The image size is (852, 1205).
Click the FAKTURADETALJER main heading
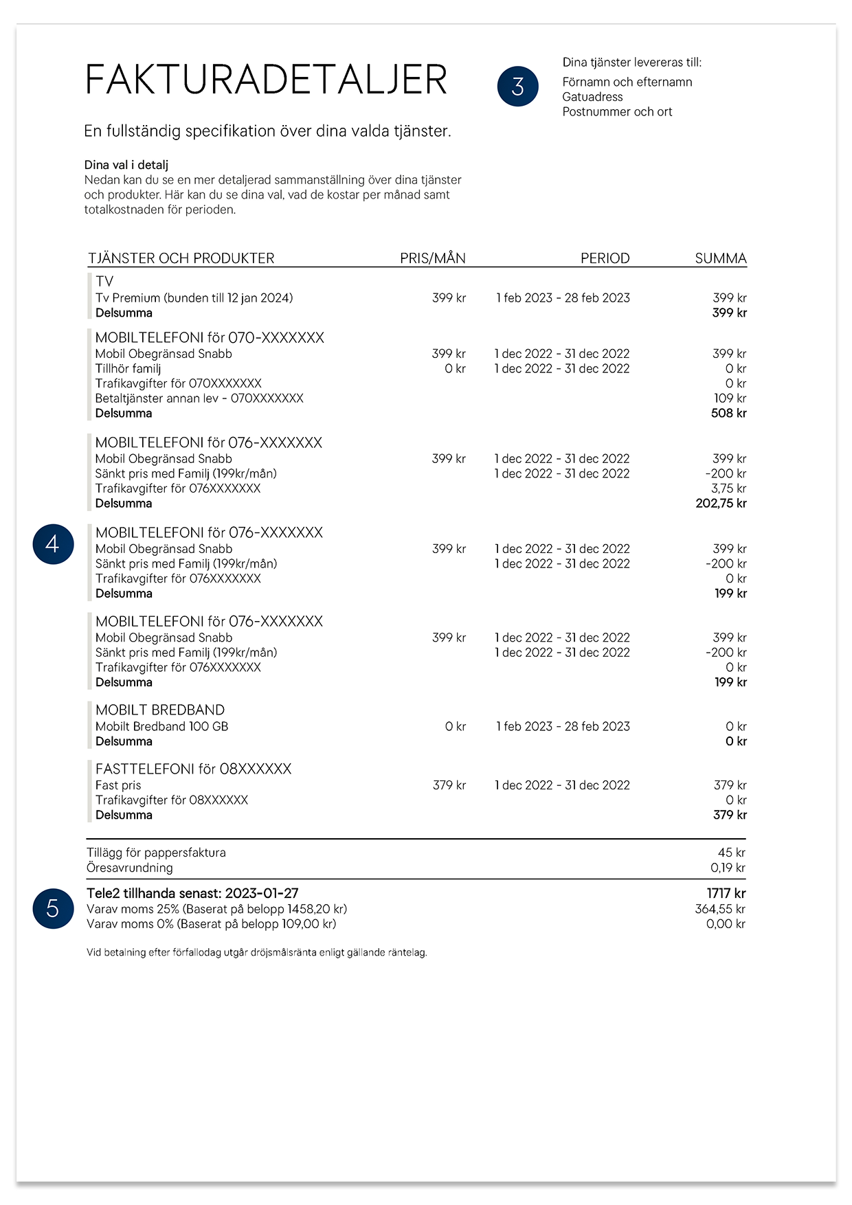[266, 80]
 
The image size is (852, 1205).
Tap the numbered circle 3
[517, 87]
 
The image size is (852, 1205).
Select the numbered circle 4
[53, 544]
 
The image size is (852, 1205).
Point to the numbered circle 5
[53, 908]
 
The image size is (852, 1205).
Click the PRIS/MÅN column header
[432, 258]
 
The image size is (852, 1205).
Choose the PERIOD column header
[605, 258]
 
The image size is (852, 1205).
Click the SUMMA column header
[720, 258]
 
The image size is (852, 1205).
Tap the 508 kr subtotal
[728, 413]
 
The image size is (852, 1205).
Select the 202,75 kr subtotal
[721, 503]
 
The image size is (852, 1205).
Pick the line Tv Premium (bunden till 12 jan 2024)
[194, 297]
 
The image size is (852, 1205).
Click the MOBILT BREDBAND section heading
[160, 710]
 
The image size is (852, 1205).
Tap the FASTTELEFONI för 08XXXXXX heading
[193, 769]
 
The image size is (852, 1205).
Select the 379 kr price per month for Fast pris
[449, 785]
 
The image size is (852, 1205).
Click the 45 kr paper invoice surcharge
[731, 853]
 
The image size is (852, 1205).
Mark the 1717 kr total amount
[726, 893]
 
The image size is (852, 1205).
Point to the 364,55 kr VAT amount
[719, 909]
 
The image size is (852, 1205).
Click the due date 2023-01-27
[261, 893]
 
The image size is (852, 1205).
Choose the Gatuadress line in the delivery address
[592, 97]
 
